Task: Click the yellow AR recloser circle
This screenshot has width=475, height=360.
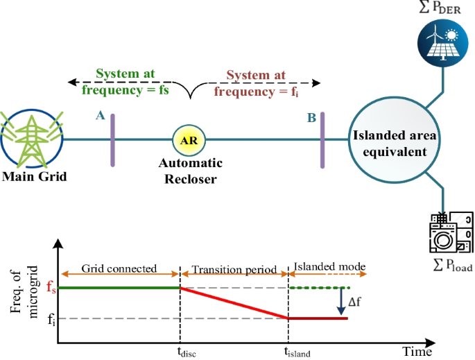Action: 188,140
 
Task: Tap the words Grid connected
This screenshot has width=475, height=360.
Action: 120,268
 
